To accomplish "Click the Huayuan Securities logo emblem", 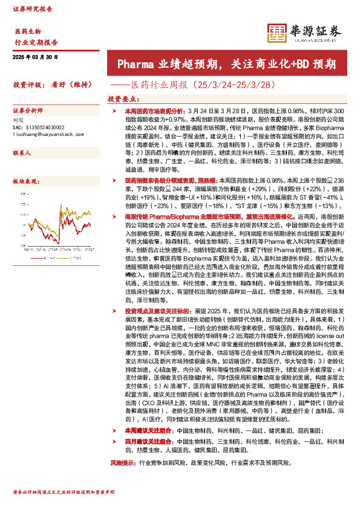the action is coord(277,33).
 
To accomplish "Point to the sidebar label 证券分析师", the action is coord(28,111).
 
